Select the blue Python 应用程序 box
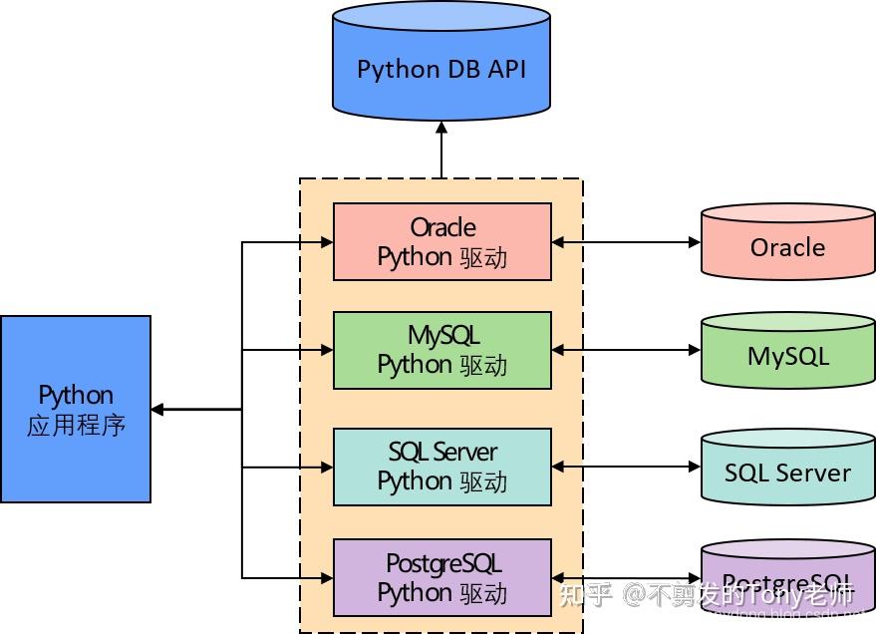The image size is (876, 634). pyautogui.click(x=76, y=409)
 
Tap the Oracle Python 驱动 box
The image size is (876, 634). pyautogui.click(x=441, y=242)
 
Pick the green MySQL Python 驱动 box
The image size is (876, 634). pyautogui.click(x=441, y=350)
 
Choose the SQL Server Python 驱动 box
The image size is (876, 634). pyautogui.click(x=441, y=467)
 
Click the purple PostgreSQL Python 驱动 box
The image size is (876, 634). pyautogui.click(x=441, y=578)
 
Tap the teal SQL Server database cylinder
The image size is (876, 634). pyautogui.click(x=787, y=469)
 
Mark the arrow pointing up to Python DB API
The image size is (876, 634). pyautogui.click(x=441, y=150)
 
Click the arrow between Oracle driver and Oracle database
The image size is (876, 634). pyautogui.click(x=626, y=242)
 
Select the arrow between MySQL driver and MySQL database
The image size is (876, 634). pyautogui.click(x=626, y=350)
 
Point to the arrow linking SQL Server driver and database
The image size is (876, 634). pyautogui.click(x=626, y=467)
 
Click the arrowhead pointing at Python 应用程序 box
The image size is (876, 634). pyautogui.click(x=158, y=409)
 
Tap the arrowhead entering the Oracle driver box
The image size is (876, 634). pyautogui.click(x=325, y=242)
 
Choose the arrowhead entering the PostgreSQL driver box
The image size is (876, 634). pyautogui.click(x=325, y=577)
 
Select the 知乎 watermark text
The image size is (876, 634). pyautogui.click(x=585, y=596)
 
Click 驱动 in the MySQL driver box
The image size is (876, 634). pyautogui.click(x=484, y=365)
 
